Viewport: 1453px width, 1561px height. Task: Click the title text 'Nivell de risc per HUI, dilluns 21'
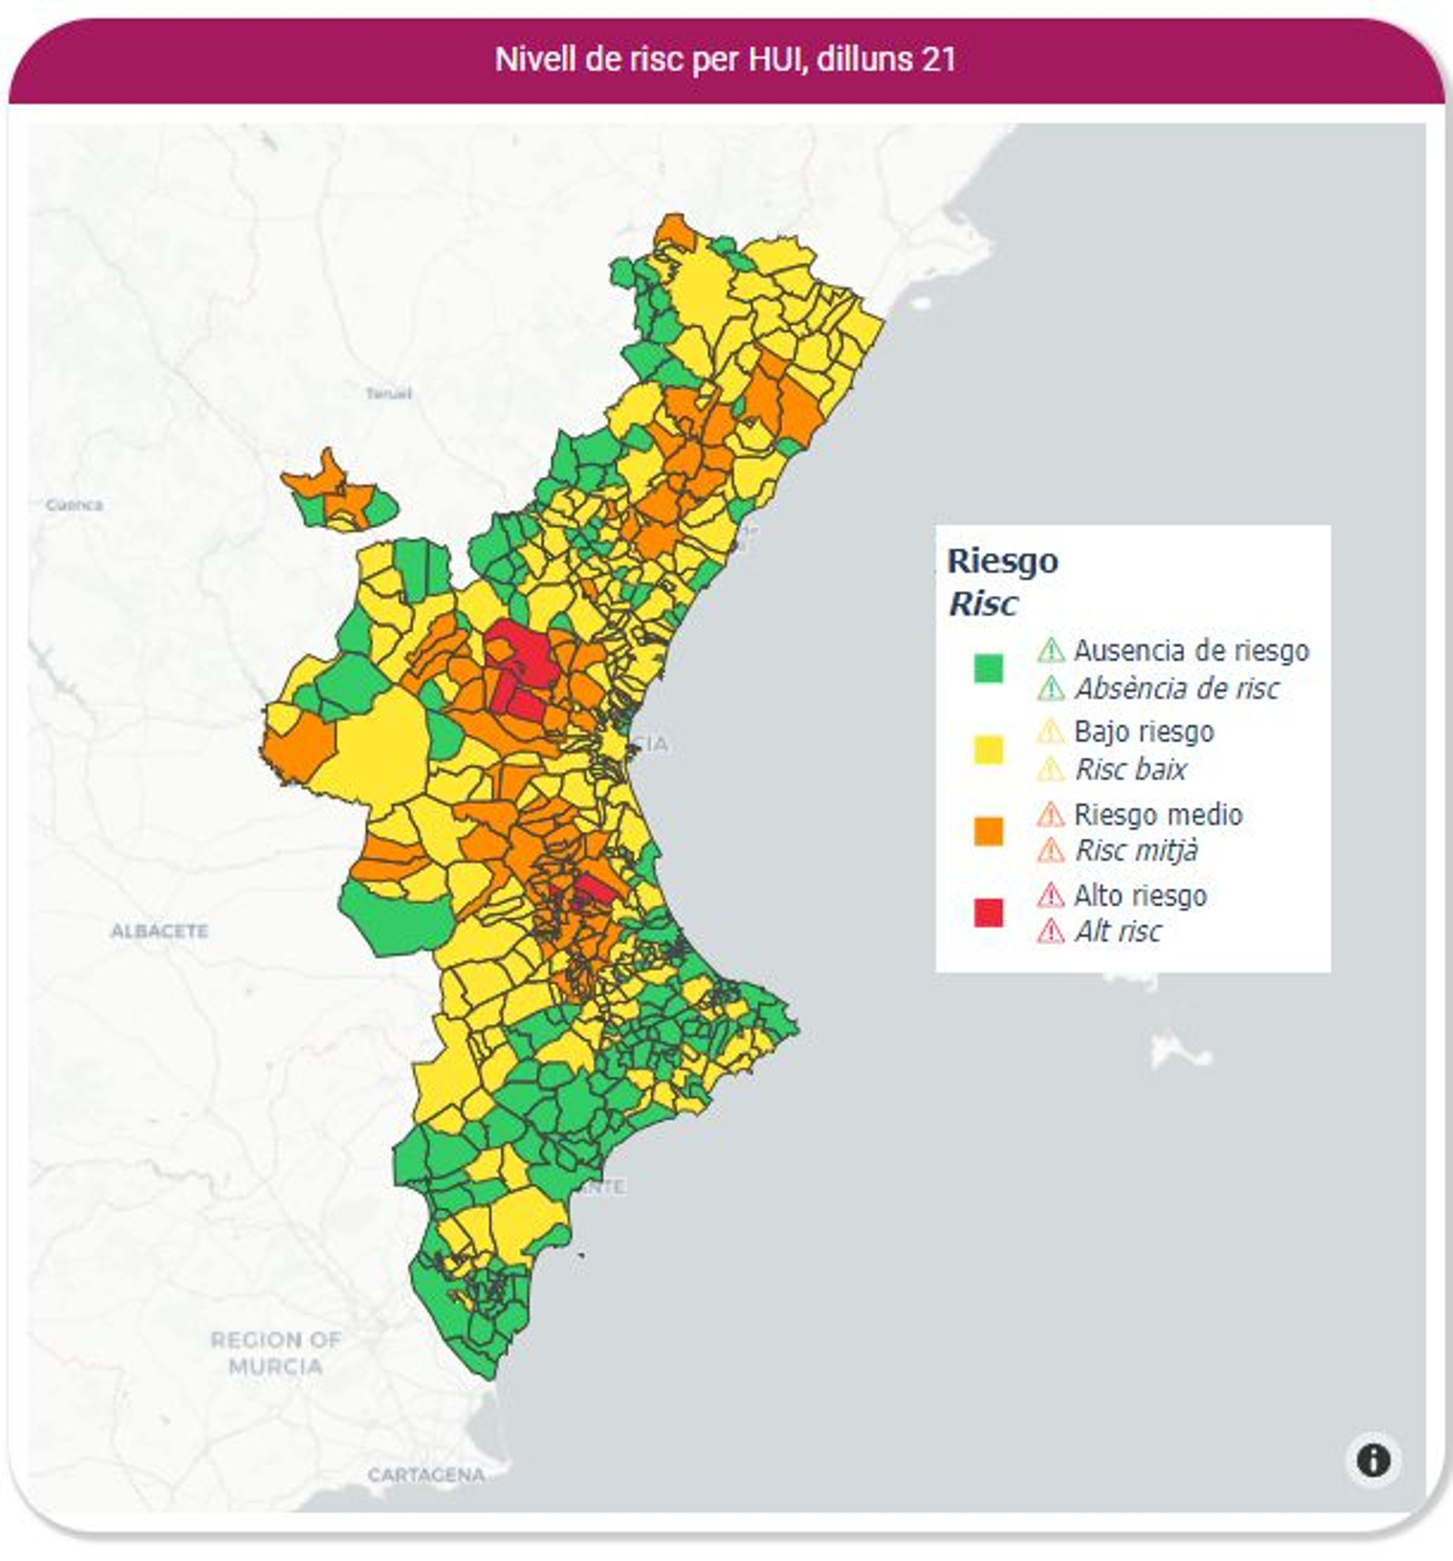coord(725,60)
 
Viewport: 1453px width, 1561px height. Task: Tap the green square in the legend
coord(988,669)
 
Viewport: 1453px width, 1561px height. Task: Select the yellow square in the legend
coord(988,750)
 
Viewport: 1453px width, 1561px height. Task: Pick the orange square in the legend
coord(988,831)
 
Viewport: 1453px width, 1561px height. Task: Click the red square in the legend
coord(988,912)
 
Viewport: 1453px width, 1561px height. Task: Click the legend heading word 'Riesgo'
coord(1003,561)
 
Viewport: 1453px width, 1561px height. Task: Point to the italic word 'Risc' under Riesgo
coord(983,603)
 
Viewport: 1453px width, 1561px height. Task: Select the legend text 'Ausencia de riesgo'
coord(1191,651)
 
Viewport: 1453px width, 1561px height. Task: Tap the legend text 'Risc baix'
coord(1131,770)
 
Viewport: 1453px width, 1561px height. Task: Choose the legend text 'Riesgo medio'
coord(1158,814)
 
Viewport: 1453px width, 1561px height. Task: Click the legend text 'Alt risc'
coord(1118,931)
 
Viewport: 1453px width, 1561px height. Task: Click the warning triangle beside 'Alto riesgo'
coord(1051,895)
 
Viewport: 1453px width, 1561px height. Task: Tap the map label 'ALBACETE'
coord(160,931)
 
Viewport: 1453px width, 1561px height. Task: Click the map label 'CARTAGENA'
coord(426,1475)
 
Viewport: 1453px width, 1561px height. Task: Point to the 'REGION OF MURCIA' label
coord(275,1353)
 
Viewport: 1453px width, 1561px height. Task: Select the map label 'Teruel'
coord(389,393)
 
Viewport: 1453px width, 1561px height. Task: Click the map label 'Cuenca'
coord(74,504)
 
